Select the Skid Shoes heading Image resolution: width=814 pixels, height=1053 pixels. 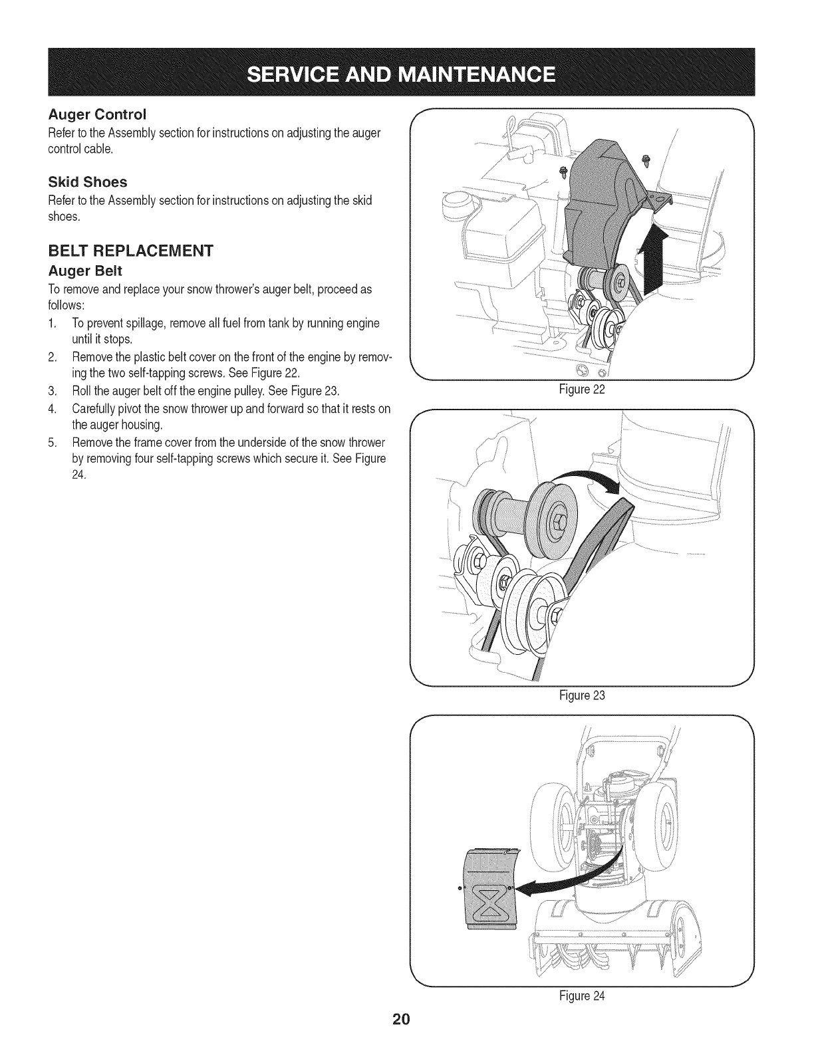point(88,181)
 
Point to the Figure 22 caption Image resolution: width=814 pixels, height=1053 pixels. point(582,390)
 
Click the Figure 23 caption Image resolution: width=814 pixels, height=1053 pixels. point(582,696)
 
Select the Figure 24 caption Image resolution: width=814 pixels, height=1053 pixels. point(582,996)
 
